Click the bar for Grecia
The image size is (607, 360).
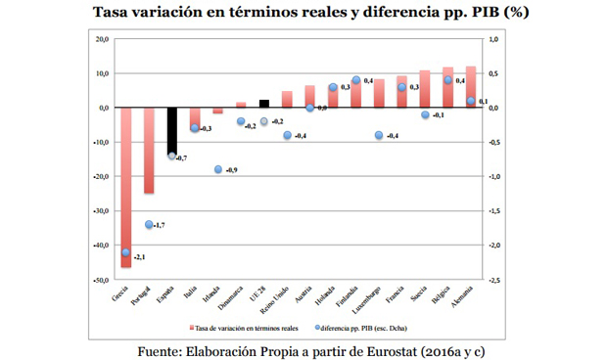(125, 186)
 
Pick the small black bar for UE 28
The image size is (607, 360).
(264, 104)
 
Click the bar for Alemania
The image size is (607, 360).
(470, 87)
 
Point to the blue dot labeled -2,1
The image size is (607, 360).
(125, 252)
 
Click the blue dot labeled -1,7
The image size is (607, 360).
(149, 224)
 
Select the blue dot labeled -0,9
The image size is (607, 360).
(218, 169)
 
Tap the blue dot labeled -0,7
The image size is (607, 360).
(171, 156)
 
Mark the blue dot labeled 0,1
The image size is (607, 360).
(471, 101)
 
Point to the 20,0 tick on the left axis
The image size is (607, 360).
(100, 40)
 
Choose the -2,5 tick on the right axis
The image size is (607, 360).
(494, 280)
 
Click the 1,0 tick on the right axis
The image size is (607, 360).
(493, 40)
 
